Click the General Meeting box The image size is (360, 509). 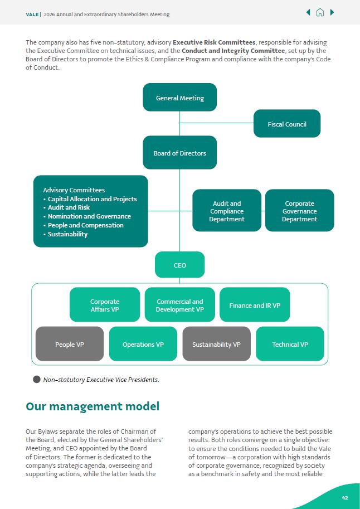[179, 98]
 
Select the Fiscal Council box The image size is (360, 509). [286, 124]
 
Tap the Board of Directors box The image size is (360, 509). [179, 153]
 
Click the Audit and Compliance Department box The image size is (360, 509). [227, 211]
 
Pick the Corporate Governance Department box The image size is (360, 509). [299, 211]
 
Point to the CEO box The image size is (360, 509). [179, 265]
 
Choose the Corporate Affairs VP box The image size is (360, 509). [105, 305]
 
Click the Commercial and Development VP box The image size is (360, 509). [179, 305]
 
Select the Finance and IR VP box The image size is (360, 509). [255, 305]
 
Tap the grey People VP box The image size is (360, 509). [70, 344]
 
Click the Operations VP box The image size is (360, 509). [143, 344]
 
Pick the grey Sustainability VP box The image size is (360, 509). [216, 344]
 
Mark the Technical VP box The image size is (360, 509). [290, 344]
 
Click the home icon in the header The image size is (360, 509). [320, 13]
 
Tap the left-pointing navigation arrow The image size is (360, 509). [308, 13]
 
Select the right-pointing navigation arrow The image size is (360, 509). [332, 13]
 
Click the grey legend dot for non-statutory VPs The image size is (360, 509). [37, 380]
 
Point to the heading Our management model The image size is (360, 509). [93, 406]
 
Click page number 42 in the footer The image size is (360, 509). [345, 498]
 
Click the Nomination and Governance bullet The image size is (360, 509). [89, 216]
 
